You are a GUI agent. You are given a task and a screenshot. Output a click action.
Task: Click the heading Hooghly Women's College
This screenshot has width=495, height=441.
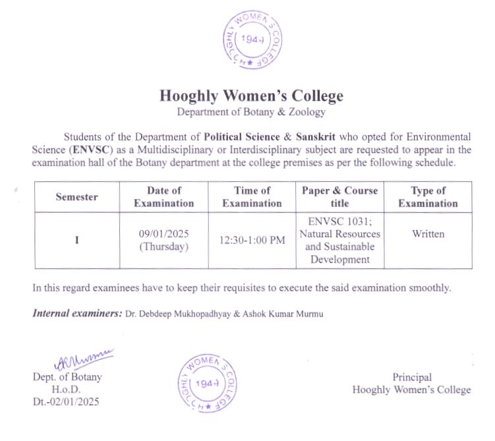(x=251, y=96)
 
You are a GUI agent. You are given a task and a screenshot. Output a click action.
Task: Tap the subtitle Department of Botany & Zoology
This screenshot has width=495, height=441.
(x=251, y=112)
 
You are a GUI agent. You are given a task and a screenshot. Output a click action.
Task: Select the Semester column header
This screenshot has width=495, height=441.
(x=76, y=196)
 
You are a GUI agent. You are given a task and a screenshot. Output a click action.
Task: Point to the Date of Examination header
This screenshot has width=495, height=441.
(x=164, y=196)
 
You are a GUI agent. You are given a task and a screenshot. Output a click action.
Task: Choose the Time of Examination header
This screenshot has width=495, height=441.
(x=252, y=196)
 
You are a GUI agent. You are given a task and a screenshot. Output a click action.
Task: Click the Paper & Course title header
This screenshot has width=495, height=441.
(x=339, y=196)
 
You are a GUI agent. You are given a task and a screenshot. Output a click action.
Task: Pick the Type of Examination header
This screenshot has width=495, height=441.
(x=428, y=196)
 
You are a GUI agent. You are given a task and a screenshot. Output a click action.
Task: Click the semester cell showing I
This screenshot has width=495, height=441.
(x=76, y=241)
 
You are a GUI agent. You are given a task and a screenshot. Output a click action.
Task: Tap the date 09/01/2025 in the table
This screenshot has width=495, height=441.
(x=164, y=234)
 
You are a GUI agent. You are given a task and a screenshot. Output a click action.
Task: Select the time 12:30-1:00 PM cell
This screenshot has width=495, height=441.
(x=252, y=241)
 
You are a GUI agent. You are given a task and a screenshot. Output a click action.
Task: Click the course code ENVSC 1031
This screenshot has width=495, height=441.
(x=338, y=221)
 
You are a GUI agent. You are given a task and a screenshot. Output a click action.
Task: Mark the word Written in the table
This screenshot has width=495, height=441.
(x=428, y=234)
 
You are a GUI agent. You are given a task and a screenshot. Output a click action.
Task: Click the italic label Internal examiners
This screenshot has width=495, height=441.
(x=77, y=313)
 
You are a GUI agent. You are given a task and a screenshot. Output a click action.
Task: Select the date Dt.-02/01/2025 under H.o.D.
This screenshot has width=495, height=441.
(x=66, y=401)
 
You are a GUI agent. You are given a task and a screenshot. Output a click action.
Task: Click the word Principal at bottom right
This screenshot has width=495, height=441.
(x=412, y=378)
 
